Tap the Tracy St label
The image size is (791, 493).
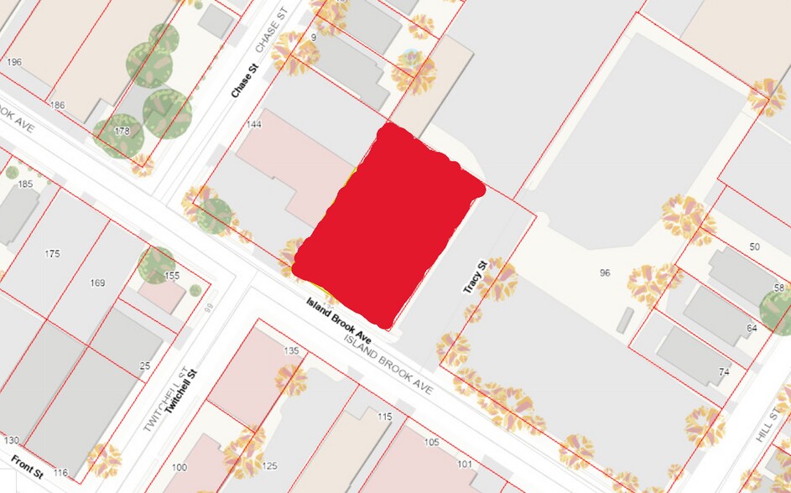pyautogui.click(x=475, y=276)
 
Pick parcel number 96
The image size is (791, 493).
pyautogui.click(x=605, y=273)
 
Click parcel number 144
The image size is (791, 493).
pyautogui.click(x=254, y=124)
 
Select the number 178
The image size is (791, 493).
pyautogui.click(x=122, y=131)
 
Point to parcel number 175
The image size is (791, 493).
pyautogui.click(x=53, y=253)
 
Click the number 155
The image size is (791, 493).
pyautogui.click(x=172, y=276)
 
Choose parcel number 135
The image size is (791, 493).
pyautogui.click(x=292, y=350)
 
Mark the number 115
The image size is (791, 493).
pyautogui.click(x=385, y=417)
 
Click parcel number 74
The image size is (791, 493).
pyautogui.click(x=724, y=371)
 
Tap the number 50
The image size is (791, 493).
pyautogui.click(x=754, y=246)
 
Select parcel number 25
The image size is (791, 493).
pyautogui.click(x=145, y=366)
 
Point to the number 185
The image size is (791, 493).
pyautogui.click(x=25, y=184)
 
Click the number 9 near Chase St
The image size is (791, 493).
pyautogui.click(x=313, y=38)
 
